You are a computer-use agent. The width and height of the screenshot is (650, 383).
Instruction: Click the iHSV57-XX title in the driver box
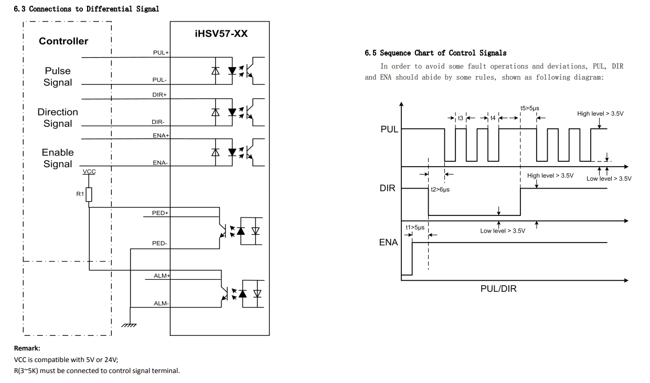point(220,34)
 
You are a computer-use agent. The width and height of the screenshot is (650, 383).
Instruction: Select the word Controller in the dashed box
point(63,41)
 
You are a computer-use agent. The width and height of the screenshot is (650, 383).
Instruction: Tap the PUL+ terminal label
point(161,53)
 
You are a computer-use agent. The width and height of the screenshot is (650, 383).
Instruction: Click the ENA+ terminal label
point(161,136)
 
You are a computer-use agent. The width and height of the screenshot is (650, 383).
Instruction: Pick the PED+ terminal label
point(160,213)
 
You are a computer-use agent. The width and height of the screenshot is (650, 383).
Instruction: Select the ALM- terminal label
point(161,303)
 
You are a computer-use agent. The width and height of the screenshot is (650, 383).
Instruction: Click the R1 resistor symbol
point(89,195)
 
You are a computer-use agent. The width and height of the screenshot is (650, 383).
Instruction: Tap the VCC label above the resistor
point(89,172)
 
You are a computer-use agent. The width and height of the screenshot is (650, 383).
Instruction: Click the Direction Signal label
point(58,118)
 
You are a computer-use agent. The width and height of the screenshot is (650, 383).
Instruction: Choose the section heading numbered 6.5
point(435,53)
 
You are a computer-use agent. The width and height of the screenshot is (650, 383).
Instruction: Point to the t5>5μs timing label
point(529,108)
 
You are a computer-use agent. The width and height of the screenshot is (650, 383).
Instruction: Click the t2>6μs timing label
point(440,190)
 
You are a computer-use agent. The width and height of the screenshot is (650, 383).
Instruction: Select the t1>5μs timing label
point(414,227)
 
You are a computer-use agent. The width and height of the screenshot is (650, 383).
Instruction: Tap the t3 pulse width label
point(461,118)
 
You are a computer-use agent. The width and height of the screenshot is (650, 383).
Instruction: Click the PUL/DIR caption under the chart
point(498,289)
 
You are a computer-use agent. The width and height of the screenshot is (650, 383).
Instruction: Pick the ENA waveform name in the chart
point(388,243)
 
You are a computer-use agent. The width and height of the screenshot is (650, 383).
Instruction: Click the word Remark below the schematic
point(27,348)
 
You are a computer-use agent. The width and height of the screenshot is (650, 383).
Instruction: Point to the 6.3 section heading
point(87,9)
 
